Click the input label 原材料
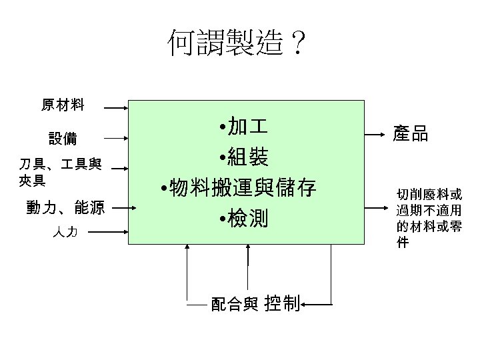tap(63, 103)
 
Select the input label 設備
tap(63, 139)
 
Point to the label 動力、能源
tap(65, 208)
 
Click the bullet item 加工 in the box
tap(243, 126)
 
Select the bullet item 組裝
tap(243, 157)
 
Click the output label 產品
tap(410, 134)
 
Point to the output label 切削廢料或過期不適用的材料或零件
tap(429, 218)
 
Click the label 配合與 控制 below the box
tap(255, 304)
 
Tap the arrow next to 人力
tap(107, 233)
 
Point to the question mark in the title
tap(297, 44)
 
